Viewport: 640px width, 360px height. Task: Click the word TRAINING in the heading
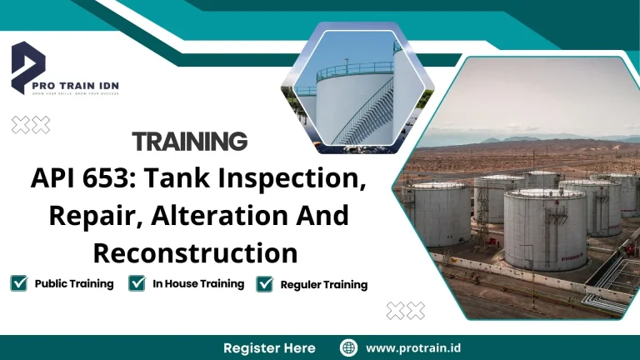tap(190, 141)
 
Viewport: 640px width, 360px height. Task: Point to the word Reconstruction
tap(195, 252)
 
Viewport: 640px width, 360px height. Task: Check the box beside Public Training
tap(19, 283)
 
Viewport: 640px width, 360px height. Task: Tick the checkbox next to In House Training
tap(137, 283)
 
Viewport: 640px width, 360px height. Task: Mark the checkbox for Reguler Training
tap(265, 284)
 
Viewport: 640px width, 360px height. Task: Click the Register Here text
tap(269, 347)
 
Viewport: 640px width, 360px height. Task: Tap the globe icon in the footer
tap(349, 347)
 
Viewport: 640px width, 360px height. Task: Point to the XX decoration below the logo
tap(31, 125)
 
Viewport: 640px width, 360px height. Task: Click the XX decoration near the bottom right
tap(406, 311)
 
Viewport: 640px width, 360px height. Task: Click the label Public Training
tap(74, 283)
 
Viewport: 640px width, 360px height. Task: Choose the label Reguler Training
tap(324, 284)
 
